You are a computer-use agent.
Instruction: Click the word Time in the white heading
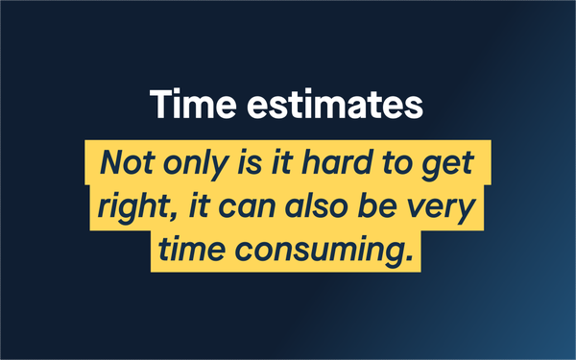193,104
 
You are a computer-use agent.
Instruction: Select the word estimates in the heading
335,105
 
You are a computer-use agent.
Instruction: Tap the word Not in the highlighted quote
127,162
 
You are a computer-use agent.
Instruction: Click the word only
196,164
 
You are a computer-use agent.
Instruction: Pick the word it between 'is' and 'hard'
282,162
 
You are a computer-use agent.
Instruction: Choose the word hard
337,161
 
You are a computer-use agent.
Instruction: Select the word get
447,166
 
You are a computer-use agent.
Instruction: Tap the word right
133,207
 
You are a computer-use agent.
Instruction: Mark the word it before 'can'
199,205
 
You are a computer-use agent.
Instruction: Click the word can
248,208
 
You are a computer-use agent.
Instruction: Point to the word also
316,205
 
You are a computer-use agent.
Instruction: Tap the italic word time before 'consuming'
192,249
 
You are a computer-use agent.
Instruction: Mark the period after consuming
410,258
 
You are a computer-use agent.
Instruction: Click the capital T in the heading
162,104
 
